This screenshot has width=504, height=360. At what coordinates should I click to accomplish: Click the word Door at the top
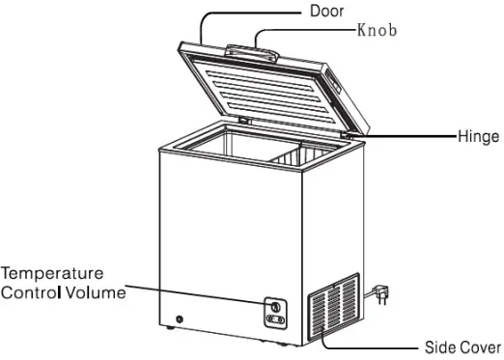(x=327, y=12)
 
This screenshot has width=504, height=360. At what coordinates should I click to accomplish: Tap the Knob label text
(x=377, y=30)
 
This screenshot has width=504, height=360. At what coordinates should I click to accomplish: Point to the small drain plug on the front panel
(x=180, y=319)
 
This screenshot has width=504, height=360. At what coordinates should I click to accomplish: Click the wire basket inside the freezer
(x=307, y=152)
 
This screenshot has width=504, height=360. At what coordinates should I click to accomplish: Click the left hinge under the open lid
(x=243, y=123)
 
